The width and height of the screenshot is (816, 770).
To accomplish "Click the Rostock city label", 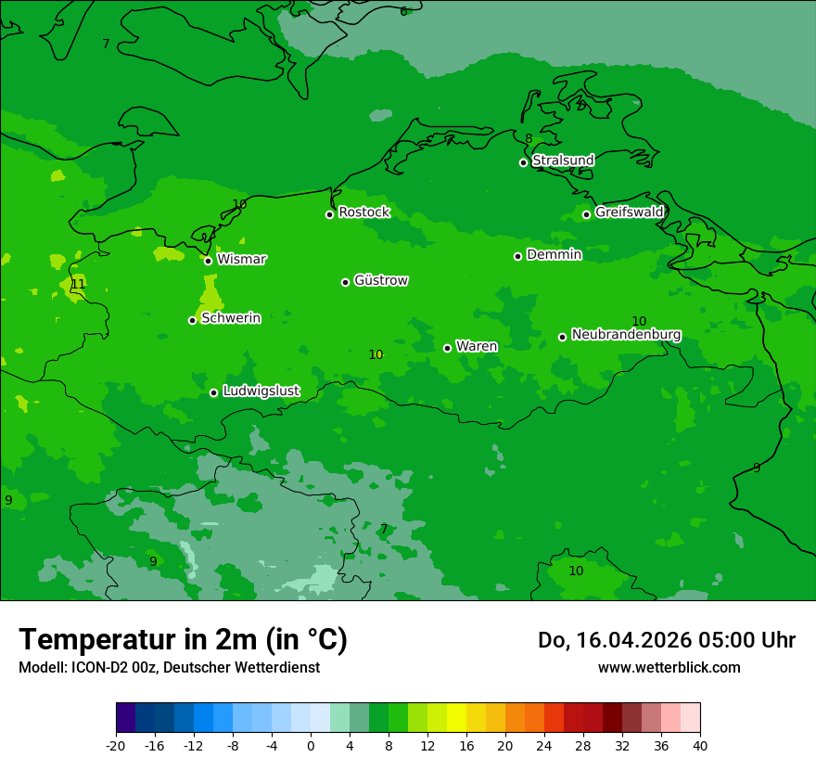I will coord(363,212).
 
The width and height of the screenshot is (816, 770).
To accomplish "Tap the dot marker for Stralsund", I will coord(523,162).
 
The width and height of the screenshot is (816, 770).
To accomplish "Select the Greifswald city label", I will coord(629,212).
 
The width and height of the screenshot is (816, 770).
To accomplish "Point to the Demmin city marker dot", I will coord(517,256).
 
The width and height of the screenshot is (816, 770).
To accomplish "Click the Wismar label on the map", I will coord(241,259).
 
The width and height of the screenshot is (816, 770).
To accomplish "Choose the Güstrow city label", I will coord(380,280).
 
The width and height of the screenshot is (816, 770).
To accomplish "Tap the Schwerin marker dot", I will coord(192,320).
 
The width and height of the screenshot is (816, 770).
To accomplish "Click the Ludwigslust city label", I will coord(261,391).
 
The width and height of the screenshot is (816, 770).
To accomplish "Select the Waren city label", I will coord(476,346).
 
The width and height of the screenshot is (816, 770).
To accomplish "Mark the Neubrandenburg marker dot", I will coord(562,337).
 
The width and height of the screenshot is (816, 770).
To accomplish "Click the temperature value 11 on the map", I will coord(78,284).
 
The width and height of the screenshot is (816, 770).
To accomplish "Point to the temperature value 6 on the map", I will coord(403,11).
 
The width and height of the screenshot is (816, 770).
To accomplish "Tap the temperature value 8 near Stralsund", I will coord(529,139).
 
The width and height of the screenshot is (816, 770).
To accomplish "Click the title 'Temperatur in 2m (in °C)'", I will coord(183,639).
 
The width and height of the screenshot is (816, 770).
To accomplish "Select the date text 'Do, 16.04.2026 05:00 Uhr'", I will coord(666,640).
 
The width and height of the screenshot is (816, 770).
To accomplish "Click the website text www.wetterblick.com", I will coord(669,667).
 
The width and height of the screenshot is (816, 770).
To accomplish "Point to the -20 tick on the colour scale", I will coord(116,745).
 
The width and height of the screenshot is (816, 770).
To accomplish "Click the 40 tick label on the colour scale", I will coord(699,745).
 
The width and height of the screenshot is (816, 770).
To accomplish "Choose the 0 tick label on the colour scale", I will coord(311,745).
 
